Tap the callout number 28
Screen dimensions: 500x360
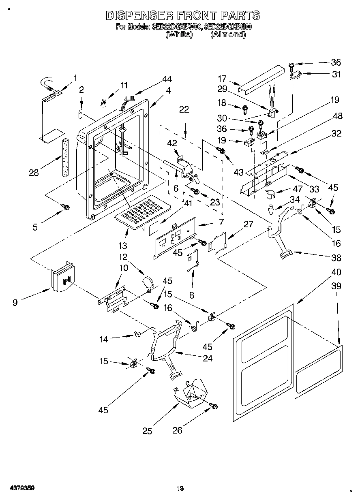tap(34, 173)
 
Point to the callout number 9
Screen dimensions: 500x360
tap(15, 302)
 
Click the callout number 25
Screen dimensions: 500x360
tap(147, 431)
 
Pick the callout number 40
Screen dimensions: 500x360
tap(336, 272)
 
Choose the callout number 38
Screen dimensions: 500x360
tap(336, 258)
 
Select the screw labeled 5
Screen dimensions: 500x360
tap(64, 207)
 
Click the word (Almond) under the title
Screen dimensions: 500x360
tap(228, 35)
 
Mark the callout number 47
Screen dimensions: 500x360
tap(298, 188)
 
